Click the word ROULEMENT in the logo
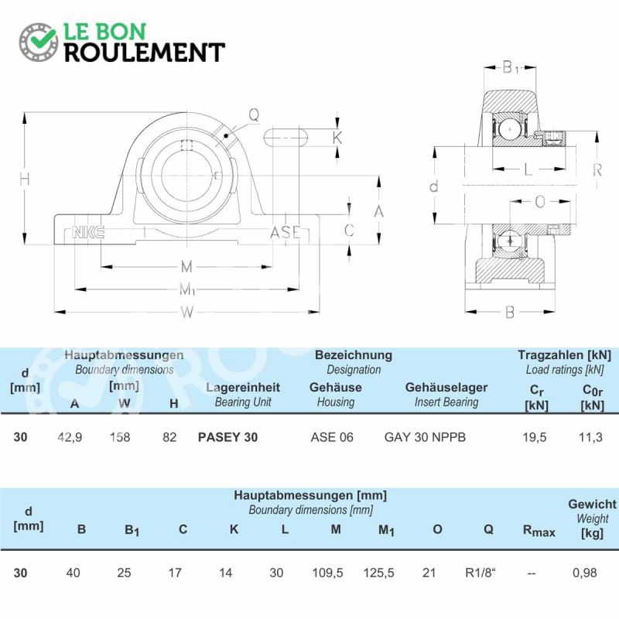point(145,52)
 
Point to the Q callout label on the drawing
point(254,115)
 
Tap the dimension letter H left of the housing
point(25,180)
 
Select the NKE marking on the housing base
point(88,232)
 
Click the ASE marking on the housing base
point(286,232)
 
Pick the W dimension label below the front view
point(187,313)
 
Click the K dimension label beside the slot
point(337,138)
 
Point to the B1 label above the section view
point(510,67)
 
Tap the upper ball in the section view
point(510,129)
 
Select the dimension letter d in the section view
point(434,186)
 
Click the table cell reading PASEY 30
point(227,437)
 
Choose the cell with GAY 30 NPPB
point(425,437)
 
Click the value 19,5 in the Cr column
point(535,437)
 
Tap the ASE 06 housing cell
point(332,437)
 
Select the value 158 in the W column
point(120,437)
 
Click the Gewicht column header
point(592,504)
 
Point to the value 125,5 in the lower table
point(378,573)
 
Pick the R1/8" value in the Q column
point(480,573)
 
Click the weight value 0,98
point(585,573)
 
